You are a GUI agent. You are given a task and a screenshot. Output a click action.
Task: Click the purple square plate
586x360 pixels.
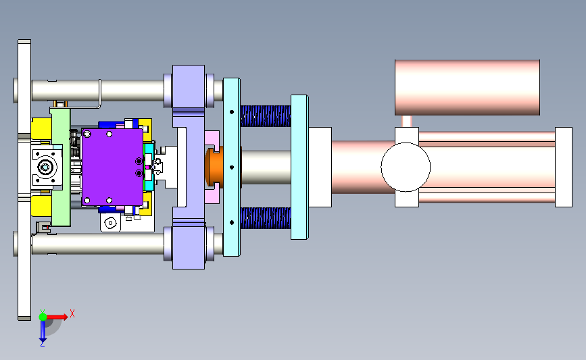[112, 167]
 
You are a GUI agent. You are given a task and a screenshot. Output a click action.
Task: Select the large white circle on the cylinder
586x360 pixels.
[406, 167]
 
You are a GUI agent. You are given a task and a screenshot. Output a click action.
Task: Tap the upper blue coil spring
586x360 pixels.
[266, 115]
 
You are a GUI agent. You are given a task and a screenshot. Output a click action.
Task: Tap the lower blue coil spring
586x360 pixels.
[266, 218]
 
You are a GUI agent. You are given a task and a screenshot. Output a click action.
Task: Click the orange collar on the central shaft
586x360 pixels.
[214, 168]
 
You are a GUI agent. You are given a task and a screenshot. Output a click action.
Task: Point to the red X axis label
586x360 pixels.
[72, 313]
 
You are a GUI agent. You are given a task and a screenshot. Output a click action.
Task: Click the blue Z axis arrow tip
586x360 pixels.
[43, 340]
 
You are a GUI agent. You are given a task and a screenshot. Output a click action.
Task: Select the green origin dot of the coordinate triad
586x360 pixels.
[43, 317]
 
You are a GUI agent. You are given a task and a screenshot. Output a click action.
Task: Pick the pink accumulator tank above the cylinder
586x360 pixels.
[467, 87]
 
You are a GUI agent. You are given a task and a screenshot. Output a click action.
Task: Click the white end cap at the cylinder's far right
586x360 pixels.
[564, 167]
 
